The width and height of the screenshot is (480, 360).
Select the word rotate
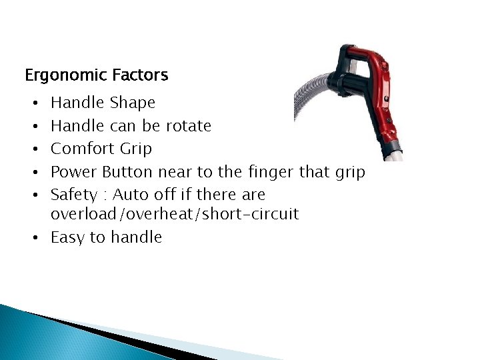pos(188,126)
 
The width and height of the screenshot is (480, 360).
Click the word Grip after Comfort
pos(136,149)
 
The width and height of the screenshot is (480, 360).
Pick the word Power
pos(74,172)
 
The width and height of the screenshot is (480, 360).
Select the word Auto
pos(130,195)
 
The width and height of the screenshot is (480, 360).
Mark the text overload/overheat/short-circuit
pos(175,215)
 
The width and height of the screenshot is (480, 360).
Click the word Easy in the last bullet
pos(69,238)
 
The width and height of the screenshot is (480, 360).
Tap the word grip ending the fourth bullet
pos(350,173)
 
